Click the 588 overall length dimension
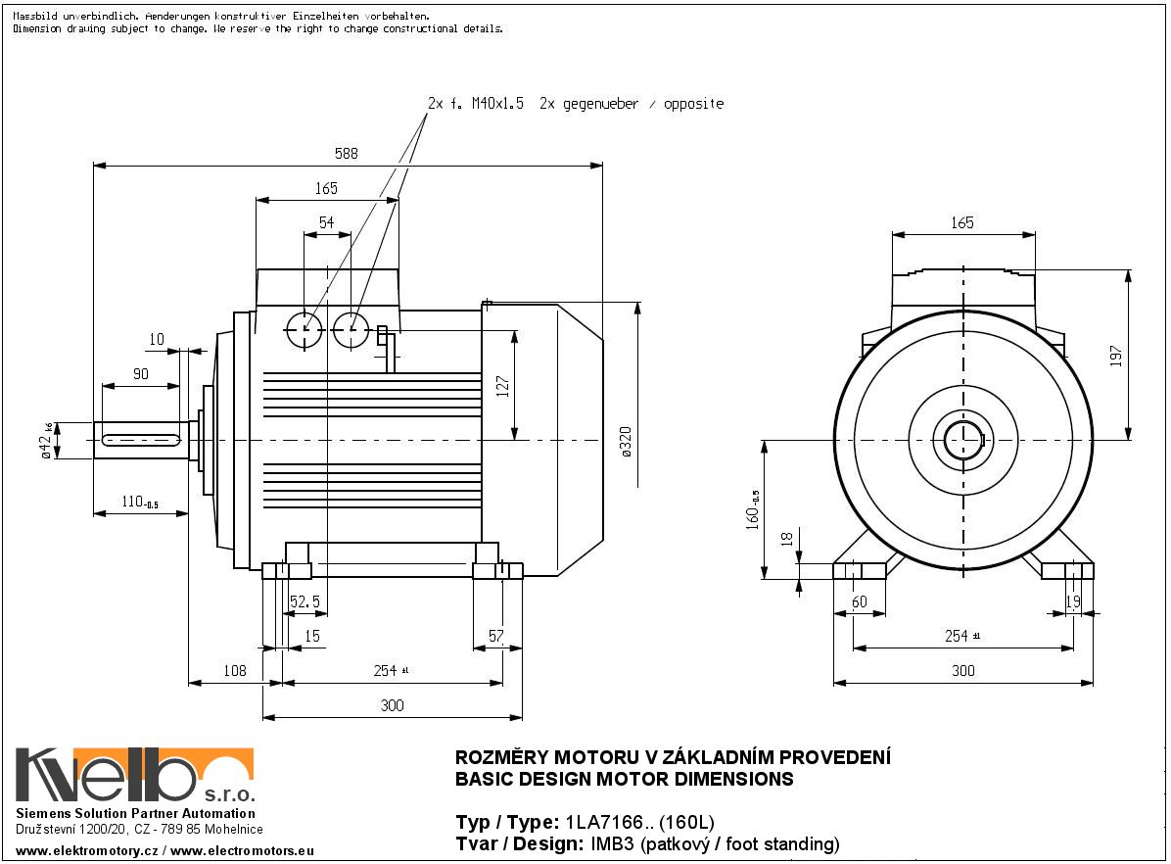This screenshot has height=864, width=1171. [347, 153]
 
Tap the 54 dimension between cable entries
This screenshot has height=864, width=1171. [326, 223]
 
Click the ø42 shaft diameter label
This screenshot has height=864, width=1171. [46, 440]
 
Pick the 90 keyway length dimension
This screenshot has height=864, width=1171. [140, 374]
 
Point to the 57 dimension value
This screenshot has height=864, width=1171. [495, 636]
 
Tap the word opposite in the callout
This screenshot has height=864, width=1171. [693, 104]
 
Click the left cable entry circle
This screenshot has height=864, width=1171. [304, 330]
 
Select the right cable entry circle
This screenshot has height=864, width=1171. [350, 330]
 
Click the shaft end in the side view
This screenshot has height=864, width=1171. [137, 441]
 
